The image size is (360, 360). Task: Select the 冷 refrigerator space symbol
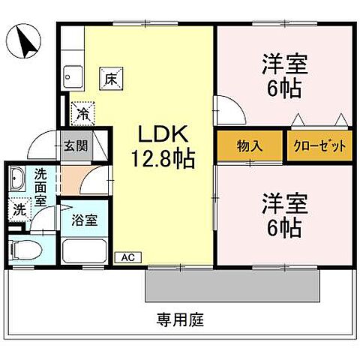pos(80,114)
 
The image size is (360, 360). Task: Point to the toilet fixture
pos(24,248)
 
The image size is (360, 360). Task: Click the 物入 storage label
pos(249,146)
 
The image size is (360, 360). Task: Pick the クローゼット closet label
pos(319,146)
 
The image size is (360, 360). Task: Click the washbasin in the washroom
pos(18,181)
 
